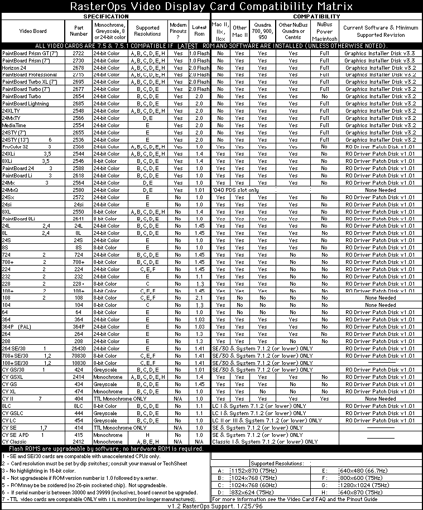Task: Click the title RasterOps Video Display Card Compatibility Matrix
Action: click(211, 7)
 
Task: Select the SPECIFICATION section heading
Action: click(105, 16)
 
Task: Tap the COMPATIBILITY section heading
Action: click(316, 16)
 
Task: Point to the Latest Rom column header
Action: click(199, 31)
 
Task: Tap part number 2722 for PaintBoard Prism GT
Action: click(79, 53)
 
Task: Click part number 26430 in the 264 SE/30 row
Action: click(79, 348)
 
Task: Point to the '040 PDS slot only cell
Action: click(235, 190)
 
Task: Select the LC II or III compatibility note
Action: click(267, 420)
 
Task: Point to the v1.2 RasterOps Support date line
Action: click(211, 507)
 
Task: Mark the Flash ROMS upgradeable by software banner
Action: click(105, 449)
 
